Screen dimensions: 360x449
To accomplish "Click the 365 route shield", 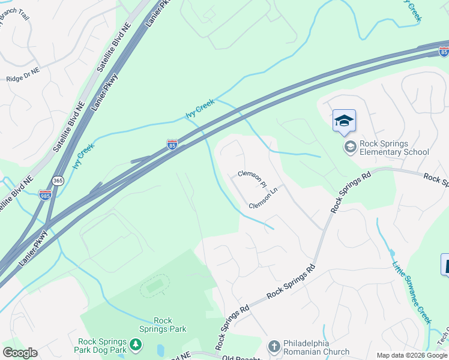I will click(x=58, y=180).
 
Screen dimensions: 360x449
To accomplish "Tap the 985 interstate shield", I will click(x=45, y=194).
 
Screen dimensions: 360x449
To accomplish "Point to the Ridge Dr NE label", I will click(x=23, y=78).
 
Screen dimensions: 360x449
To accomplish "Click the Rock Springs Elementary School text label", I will click(x=394, y=148).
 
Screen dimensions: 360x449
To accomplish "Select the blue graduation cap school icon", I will click(x=344, y=121).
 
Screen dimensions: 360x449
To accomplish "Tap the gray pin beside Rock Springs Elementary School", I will click(x=349, y=146).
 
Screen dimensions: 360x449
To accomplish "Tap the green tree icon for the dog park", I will click(x=137, y=344).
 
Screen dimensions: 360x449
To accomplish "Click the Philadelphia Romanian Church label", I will click(x=316, y=347).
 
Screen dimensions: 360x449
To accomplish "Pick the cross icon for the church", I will click(x=274, y=347).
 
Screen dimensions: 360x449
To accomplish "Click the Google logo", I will click(x=20, y=353).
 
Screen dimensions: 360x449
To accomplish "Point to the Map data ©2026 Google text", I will click(x=411, y=355).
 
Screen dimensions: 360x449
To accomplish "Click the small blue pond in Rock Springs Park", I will click(x=160, y=349).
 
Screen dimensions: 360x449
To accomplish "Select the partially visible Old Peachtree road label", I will click(x=242, y=358).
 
